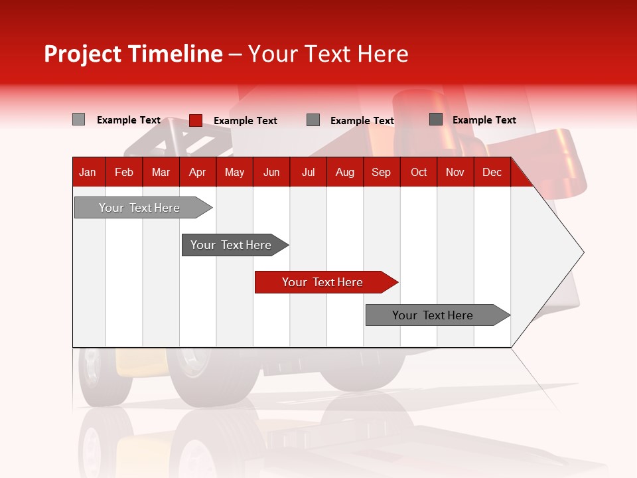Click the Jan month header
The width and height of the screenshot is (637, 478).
point(88,172)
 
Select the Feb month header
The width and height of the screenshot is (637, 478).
point(124,172)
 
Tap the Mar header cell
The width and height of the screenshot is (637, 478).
point(161,172)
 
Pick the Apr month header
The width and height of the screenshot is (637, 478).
point(198,172)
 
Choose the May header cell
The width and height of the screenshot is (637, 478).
point(234,172)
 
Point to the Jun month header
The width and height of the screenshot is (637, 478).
point(271,172)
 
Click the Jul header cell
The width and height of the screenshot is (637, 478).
point(308,172)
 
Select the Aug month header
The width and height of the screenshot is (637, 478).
point(345,172)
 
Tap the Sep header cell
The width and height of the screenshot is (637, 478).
point(382,172)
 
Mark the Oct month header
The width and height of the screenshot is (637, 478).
point(419,172)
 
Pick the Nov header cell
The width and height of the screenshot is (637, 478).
point(455,172)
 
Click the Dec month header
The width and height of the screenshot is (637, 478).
point(492,172)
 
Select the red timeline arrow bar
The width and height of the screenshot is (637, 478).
point(323,282)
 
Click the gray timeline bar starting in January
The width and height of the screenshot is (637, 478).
point(140,208)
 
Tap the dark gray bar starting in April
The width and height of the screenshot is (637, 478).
point(232,245)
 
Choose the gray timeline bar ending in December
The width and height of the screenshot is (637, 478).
point(433,315)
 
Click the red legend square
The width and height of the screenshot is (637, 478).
point(196,120)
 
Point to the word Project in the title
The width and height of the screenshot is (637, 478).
point(83,54)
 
